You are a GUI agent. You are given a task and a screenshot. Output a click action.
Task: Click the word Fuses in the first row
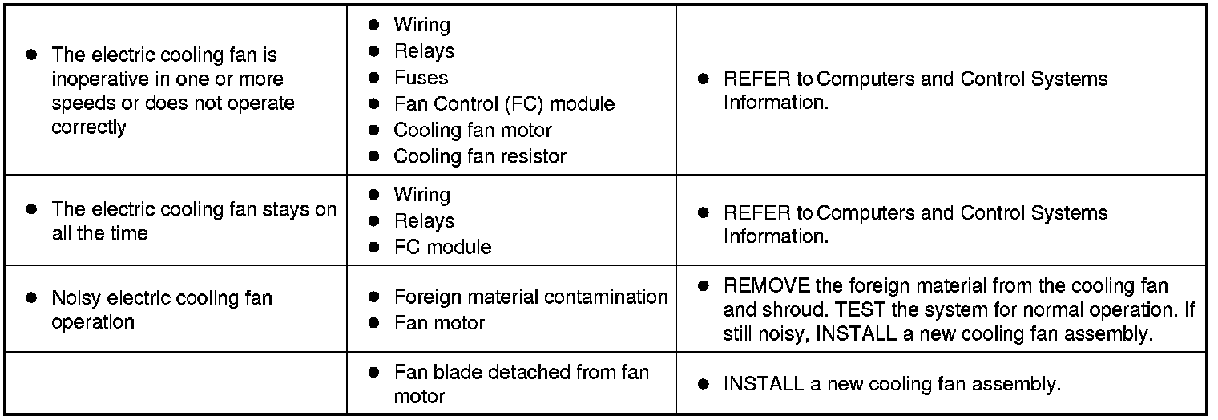pos(421,78)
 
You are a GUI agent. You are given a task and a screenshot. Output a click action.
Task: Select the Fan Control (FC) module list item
pos(504,104)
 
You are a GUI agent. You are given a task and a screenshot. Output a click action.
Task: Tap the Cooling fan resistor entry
pos(479,156)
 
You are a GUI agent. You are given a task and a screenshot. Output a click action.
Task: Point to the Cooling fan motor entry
pos(472,130)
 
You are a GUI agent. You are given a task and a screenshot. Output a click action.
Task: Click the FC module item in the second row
pos(442,247)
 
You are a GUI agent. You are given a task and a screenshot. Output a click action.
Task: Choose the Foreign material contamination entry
pos(530,297)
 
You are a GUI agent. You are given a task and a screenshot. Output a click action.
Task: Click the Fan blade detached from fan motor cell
pos(521,384)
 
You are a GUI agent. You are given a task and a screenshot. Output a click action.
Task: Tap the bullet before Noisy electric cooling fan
pos(31,298)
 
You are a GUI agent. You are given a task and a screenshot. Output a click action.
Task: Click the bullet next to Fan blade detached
pos(373,373)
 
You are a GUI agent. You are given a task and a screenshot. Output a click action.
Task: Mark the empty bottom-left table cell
pos(180,383)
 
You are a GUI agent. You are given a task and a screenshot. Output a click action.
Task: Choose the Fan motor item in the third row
pos(439,323)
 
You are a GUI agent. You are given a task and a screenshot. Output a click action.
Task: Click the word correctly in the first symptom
pos(89,127)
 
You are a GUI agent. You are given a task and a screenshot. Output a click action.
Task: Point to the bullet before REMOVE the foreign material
pos(703,286)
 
